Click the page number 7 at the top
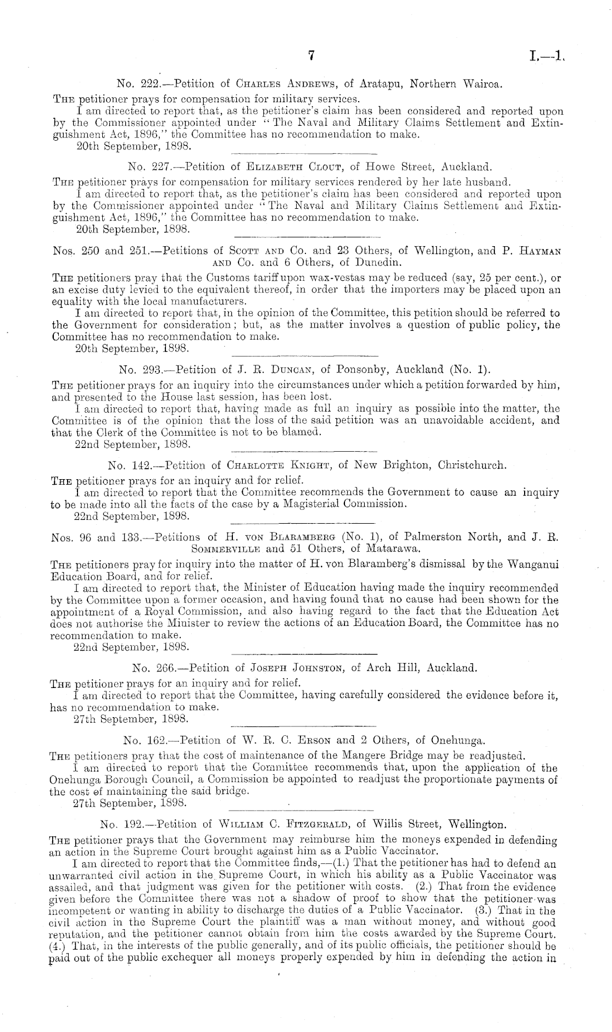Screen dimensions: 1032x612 coord(310,55)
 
